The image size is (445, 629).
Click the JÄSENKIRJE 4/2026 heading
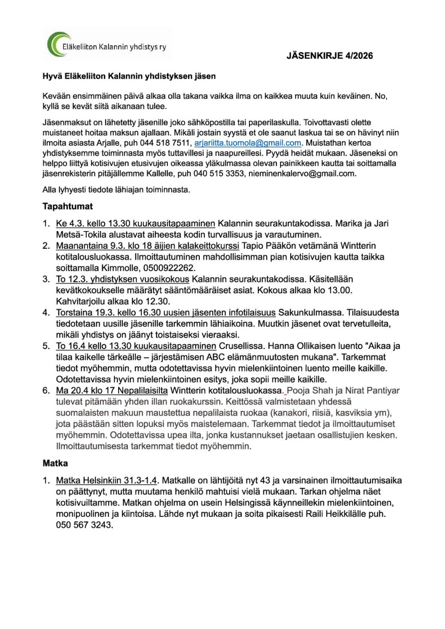pyautogui.click(x=330, y=56)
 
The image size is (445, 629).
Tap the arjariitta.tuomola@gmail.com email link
pyautogui.click(x=248, y=143)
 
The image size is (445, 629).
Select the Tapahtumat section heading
pyautogui.click(x=68, y=207)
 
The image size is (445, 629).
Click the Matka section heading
pyautogui.click(x=55, y=463)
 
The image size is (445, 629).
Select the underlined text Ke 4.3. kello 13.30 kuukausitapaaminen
pyautogui.click(x=135, y=224)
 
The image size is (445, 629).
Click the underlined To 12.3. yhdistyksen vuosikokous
pyautogui.click(x=122, y=279)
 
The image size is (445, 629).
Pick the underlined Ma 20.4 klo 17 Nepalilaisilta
pyautogui.click(x=112, y=390)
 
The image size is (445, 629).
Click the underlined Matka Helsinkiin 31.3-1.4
pyautogui.click(x=106, y=481)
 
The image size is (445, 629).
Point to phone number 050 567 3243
pyautogui.click(x=84, y=525)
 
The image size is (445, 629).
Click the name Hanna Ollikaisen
pyautogui.click(x=315, y=346)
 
